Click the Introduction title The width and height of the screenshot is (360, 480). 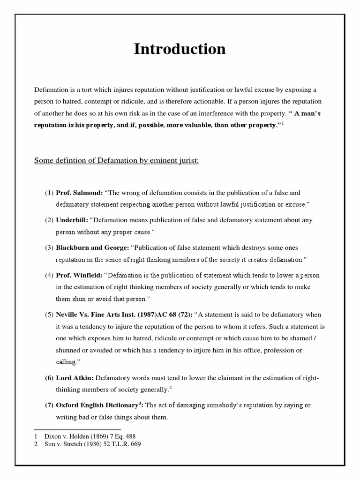180,49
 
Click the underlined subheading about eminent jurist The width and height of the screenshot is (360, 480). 117,161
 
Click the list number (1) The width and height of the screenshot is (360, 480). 49,193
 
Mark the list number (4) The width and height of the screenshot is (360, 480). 49,275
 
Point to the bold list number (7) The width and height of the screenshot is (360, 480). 49,405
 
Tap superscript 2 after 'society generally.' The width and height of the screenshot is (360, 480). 171,387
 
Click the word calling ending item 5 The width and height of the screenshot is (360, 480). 66,362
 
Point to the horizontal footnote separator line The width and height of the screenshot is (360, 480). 78,429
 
